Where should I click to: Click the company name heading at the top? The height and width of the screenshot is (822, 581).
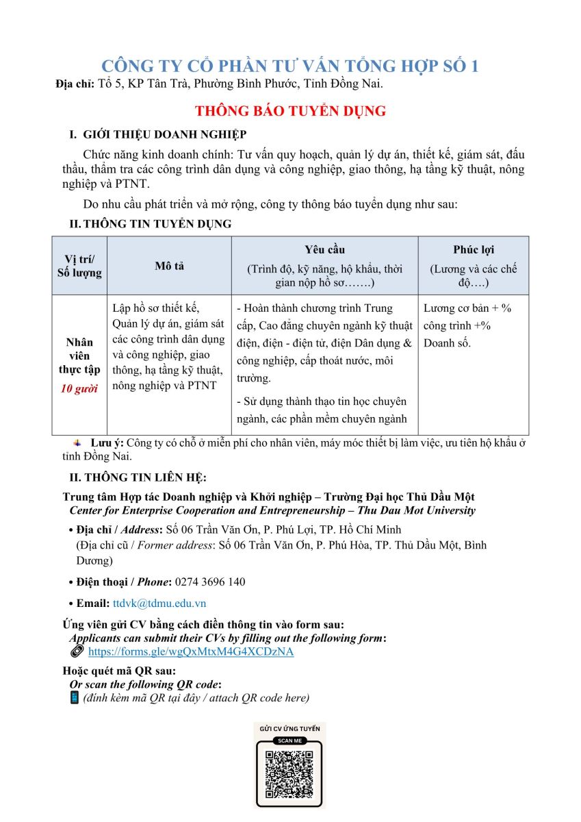click(x=290, y=66)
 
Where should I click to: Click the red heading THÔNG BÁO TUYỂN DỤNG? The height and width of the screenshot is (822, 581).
click(x=290, y=111)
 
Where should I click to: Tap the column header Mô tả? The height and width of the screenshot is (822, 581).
click(x=168, y=266)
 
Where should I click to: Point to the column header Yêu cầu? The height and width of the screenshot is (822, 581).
click(x=324, y=250)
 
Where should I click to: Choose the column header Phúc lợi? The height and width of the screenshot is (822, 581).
click(x=473, y=250)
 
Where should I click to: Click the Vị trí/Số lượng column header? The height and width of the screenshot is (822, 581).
click(x=79, y=266)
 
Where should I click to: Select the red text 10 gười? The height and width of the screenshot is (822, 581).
click(x=79, y=389)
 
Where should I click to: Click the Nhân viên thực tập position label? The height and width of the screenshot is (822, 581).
click(x=79, y=356)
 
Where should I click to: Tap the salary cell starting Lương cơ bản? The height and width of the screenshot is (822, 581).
click(x=467, y=325)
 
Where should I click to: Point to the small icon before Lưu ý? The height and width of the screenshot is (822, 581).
click(x=77, y=443)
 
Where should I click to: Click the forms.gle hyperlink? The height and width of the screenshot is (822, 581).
click(x=191, y=651)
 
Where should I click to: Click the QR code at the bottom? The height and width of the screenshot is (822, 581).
click(x=289, y=774)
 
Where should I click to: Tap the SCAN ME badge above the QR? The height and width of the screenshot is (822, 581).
click(x=289, y=740)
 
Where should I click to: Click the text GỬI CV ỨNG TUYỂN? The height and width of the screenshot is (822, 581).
click(x=289, y=728)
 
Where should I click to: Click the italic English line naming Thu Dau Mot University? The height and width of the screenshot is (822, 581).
click(x=272, y=510)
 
